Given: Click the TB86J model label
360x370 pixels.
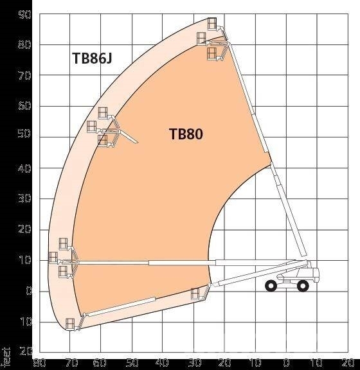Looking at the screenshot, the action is coord(92,58).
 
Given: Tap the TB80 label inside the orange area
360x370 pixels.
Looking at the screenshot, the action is coord(186,134).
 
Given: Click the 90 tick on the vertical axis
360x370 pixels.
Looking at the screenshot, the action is coord(24,15).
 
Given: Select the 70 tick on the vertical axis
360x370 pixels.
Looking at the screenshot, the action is coord(24,76).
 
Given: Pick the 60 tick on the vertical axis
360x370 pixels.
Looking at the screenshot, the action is coord(24,106).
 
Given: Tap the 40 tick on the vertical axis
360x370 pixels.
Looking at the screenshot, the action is coord(24,168).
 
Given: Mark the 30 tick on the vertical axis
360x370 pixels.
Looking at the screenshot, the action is coord(24,198).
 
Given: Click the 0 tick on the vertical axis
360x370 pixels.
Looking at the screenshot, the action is coord(28,291).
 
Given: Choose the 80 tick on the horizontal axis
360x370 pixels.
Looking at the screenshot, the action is coord(39,362).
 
